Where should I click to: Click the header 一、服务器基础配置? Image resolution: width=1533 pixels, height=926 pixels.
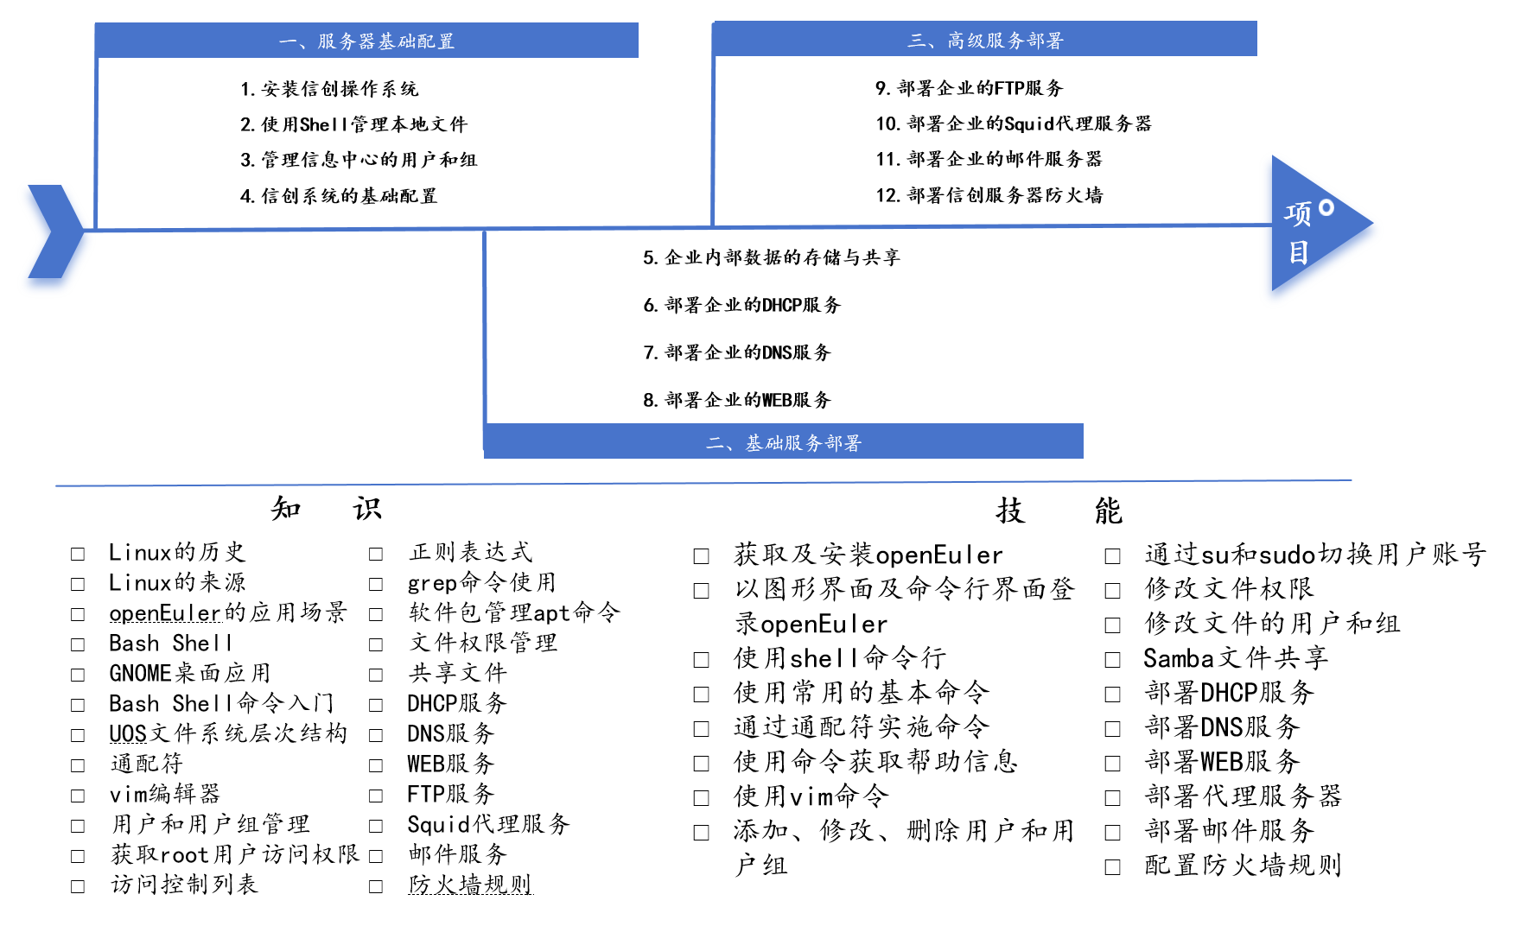click(x=366, y=41)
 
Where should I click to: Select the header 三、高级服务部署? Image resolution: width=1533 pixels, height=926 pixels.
click(x=985, y=41)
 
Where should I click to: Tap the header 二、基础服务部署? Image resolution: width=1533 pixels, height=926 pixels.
click(x=784, y=443)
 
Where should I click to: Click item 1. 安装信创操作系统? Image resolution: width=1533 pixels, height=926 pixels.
click(x=329, y=89)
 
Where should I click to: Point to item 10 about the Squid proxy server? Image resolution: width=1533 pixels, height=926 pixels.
click(x=1014, y=124)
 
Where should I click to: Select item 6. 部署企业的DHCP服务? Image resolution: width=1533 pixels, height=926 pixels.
click(x=741, y=305)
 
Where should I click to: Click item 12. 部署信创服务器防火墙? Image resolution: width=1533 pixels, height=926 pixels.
click(x=989, y=195)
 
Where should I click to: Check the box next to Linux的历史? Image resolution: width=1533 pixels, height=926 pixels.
click(x=78, y=554)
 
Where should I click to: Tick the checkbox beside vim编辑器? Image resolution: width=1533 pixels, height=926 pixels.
click(x=78, y=796)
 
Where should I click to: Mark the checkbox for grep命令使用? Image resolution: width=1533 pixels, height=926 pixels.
click(x=376, y=584)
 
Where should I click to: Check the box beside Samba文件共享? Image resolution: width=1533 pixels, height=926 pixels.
click(x=1113, y=660)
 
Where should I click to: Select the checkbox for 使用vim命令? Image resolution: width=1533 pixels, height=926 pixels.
click(x=702, y=798)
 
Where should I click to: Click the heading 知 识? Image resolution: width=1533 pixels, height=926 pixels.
click(x=326, y=509)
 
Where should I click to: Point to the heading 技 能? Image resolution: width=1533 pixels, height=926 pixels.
click(x=1059, y=511)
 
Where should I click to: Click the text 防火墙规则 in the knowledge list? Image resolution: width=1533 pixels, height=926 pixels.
click(x=470, y=885)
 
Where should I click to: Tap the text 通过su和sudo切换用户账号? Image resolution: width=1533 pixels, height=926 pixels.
click(x=1315, y=555)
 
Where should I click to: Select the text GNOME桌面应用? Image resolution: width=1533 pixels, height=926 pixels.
click(x=190, y=673)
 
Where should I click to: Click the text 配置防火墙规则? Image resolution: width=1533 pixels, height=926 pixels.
click(x=1243, y=866)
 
